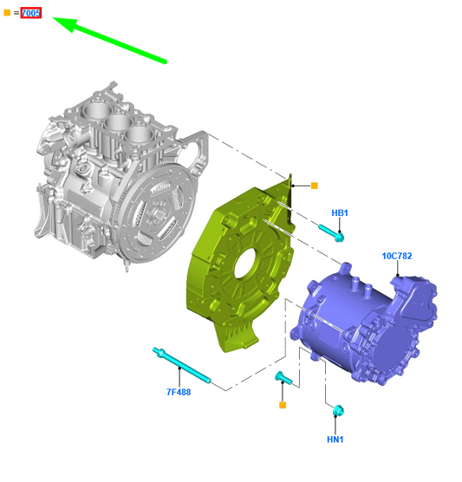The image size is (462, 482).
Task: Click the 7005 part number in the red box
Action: coord(30,13)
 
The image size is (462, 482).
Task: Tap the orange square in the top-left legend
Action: coord(7,13)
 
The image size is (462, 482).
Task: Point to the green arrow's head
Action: coord(65,23)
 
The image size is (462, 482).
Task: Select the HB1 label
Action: coord(340,212)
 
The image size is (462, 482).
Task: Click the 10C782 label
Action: coord(397,256)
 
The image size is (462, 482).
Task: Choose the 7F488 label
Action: coord(179,392)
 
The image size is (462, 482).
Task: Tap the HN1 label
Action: coord(335,440)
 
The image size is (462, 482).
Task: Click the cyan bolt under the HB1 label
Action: coord(331,233)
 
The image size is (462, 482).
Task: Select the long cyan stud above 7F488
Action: coord(182,365)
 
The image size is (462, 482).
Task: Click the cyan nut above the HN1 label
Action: coord(338,411)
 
